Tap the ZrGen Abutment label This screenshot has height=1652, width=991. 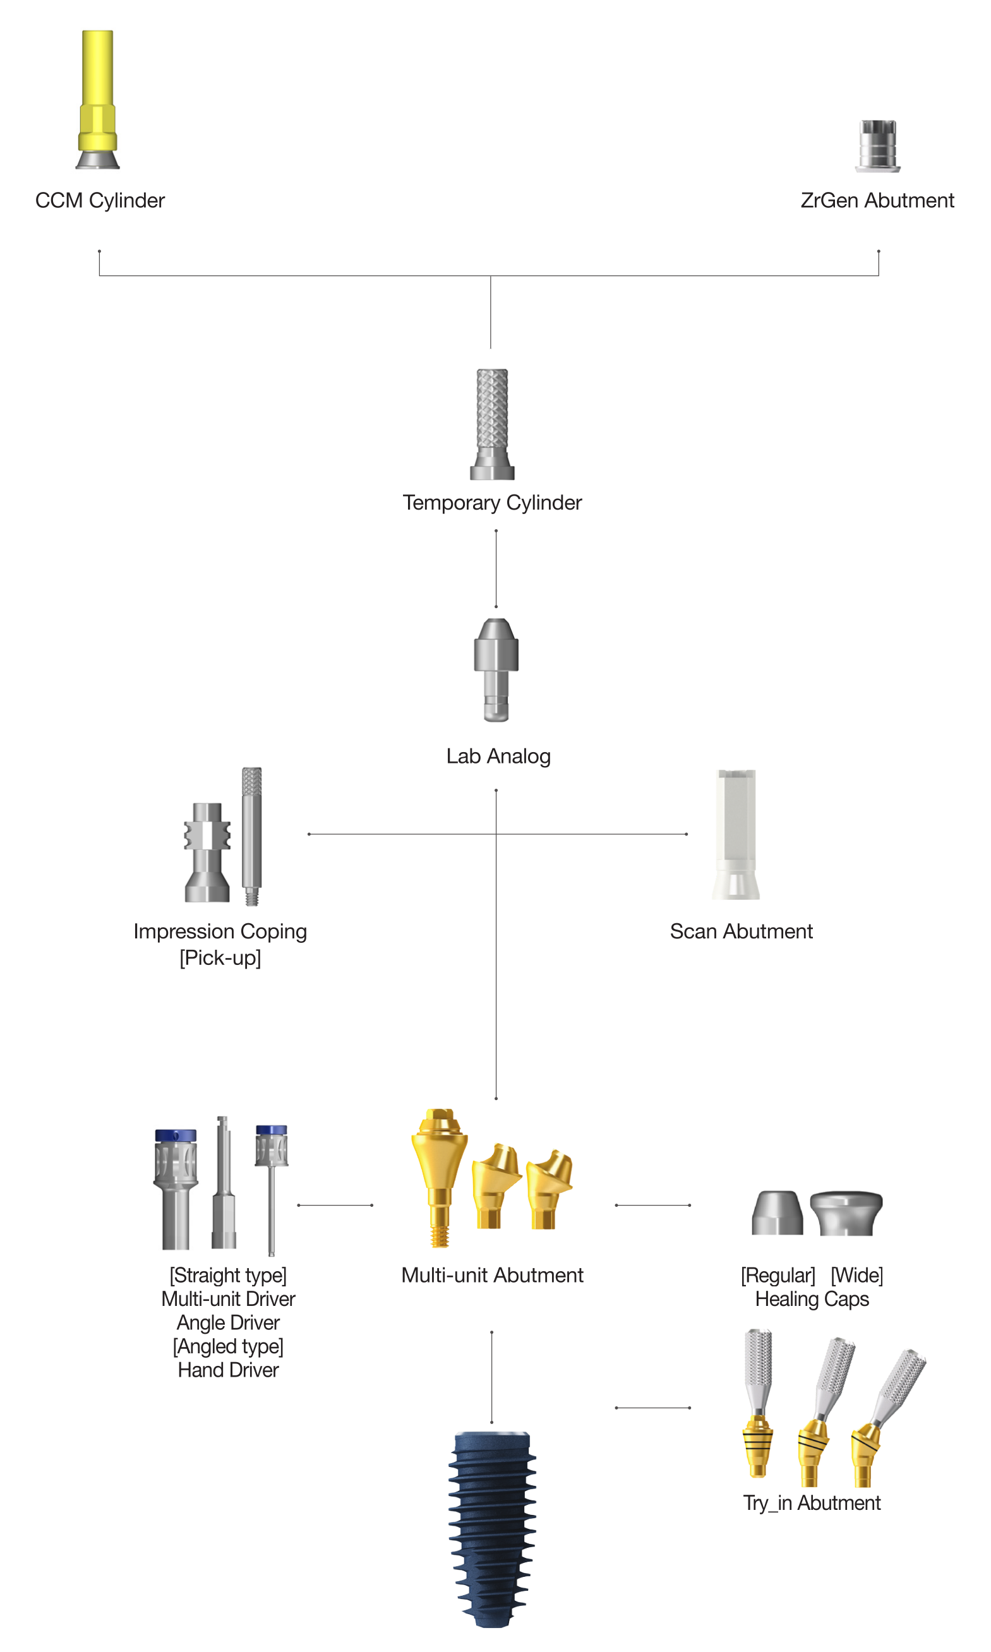(x=877, y=200)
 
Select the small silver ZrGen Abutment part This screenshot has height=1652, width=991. (x=877, y=145)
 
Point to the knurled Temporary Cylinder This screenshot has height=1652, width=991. (x=492, y=424)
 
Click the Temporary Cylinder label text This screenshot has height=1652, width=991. (x=492, y=503)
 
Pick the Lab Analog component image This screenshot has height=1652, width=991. (x=496, y=669)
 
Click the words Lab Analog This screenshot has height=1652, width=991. (x=498, y=757)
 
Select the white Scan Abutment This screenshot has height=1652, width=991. (x=736, y=834)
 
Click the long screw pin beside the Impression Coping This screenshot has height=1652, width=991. (x=252, y=835)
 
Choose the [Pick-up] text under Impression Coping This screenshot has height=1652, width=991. (x=220, y=958)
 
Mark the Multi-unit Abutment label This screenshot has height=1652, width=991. (x=492, y=1275)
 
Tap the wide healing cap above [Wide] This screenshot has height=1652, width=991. (x=846, y=1213)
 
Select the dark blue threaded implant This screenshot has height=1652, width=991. (x=492, y=1528)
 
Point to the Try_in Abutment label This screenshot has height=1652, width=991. (x=812, y=1502)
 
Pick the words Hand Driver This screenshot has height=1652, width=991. (x=229, y=1370)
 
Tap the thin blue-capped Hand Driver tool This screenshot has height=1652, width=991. (x=271, y=1190)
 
